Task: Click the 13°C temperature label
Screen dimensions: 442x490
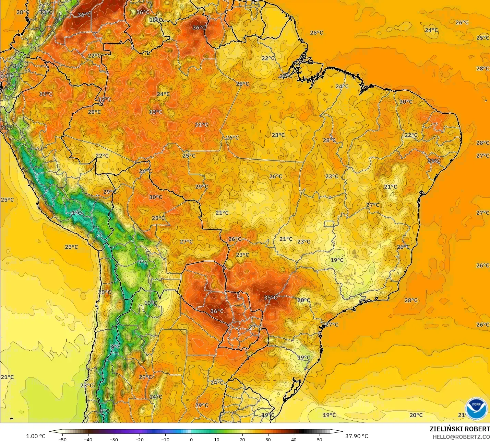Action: pos(46,12)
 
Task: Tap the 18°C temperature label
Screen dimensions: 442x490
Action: pos(156,20)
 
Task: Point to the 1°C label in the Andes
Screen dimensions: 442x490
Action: pos(76,213)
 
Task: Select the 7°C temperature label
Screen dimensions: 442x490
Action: pos(143,263)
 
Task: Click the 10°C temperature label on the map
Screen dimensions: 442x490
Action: pos(150,303)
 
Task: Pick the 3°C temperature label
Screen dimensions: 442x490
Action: pos(115,347)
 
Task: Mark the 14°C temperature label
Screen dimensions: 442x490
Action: pos(155,397)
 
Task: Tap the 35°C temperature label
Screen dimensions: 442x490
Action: pos(271,297)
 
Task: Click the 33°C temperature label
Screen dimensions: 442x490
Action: pos(155,112)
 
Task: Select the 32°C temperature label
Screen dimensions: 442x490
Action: pos(105,99)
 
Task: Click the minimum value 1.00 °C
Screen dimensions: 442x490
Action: pos(36,436)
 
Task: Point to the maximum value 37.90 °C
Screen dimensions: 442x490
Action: pos(357,436)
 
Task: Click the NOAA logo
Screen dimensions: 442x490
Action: pos(476,409)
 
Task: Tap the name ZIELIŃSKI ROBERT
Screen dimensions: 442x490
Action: pos(459,429)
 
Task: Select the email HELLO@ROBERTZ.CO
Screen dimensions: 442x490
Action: pos(461,437)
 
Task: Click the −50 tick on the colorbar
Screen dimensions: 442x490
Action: pos(62,439)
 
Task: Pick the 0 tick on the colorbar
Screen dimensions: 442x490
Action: pos(191,439)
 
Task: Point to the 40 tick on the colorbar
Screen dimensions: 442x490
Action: pos(294,439)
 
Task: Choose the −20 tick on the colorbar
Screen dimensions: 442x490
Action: pos(139,439)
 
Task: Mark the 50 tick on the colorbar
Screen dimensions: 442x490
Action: pos(320,439)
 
